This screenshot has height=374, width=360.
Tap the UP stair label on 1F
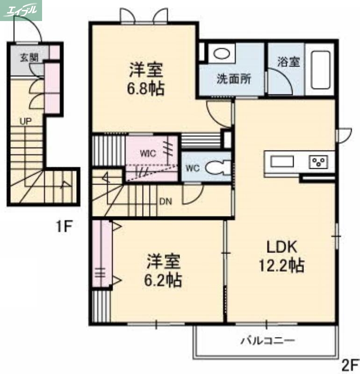point(25,121)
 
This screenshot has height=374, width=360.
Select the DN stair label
point(165,202)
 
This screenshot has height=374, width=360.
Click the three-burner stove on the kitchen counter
point(320,162)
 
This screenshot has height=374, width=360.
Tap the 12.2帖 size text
point(282,266)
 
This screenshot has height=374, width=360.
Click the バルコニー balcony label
point(268,340)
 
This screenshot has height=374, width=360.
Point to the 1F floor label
point(64,227)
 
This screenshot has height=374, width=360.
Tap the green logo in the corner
point(21,10)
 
